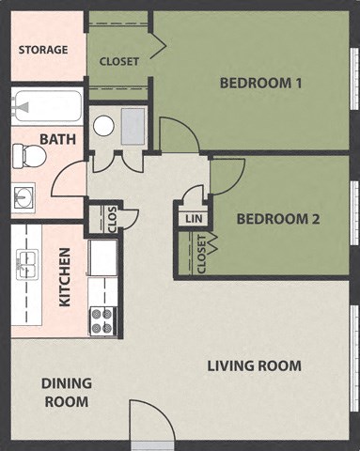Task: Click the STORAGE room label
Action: click(x=43, y=49)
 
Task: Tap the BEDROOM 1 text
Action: click(x=260, y=83)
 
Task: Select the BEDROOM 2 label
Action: click(x=278, y=219)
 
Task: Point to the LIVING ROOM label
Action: click(x=254, y=365)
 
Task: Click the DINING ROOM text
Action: click(x=66, y=392)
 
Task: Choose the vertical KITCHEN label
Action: click(x=65, y=277)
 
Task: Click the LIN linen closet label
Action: click(x=193, y=218)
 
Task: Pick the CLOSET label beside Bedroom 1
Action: click(x=118, y=61)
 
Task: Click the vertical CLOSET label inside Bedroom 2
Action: click(x=202, y=253)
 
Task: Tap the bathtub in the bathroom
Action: click(x=46, y=106)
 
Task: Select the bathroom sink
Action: click(x=23, y=197)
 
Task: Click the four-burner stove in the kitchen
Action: click(x=102, y=320)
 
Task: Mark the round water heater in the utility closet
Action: click(x=104, y=125)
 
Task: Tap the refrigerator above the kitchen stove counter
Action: click(x=102, y=257)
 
